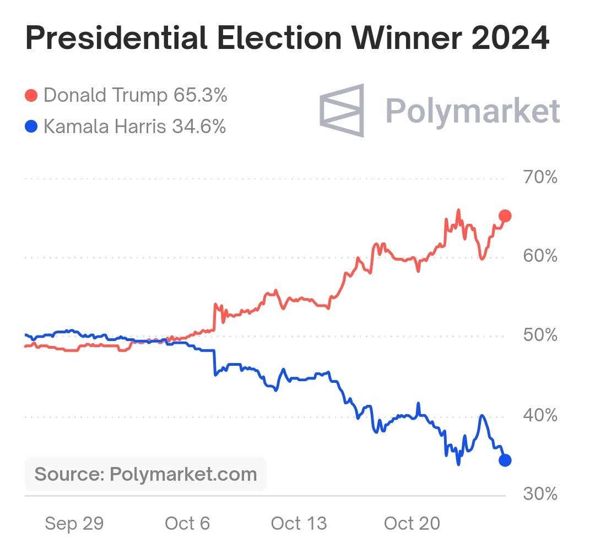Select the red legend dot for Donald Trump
pyautogui.click(x=31, y=96)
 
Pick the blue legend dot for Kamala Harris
pyautogui.click(x=31, y=127)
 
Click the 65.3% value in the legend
pyautogui.click(x=200, y=96)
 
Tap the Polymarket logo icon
pyautogui.click(x=342, y=110)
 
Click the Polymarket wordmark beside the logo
pyautogui.click(x=472, y=111)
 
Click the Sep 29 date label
pyautogui.click(x=74, y=523)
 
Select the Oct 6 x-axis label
pyautogui.click(x=187, y=523)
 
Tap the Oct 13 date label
pyautogui.click(x=299, y=523)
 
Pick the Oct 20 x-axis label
pyautogui.click(x=412, y=523)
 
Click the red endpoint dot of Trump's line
pyautogui.click(x=505, y=216)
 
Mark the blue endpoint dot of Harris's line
pyautogui.click(x=505, y=460)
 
